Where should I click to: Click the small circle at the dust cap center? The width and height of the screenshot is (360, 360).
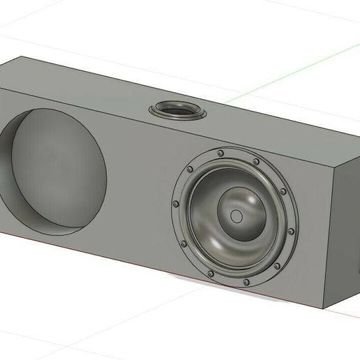tap(237, 217)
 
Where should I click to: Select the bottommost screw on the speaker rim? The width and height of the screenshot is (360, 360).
tap(246, 282)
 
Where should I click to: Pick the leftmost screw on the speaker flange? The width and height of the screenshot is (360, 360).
tap(175, 204)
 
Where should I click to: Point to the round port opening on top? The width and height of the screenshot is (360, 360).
tap(179, 110)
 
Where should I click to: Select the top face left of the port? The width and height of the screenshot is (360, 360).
tap(91, 91)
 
